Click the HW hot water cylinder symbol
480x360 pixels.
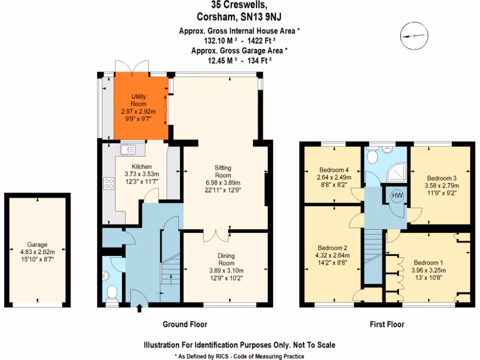pos(397,195)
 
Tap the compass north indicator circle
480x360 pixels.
pos(414,36)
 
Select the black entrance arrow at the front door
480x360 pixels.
pos(139,308)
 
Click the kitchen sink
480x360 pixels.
pos(127,150)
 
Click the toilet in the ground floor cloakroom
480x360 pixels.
pos(112,292)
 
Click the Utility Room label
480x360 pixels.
pos(139,100)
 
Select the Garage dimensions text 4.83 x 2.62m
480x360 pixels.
pos(37,252)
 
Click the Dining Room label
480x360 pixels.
pos(226,260)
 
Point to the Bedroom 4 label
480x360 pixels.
pos(333,170)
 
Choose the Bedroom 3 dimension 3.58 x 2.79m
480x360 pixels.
pos(442,186)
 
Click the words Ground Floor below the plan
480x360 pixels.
pos(185,324)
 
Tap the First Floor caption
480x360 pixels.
pos(386,324)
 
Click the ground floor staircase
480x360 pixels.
pos(170,277)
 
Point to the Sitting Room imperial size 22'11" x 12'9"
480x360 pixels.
pos(223,190)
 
